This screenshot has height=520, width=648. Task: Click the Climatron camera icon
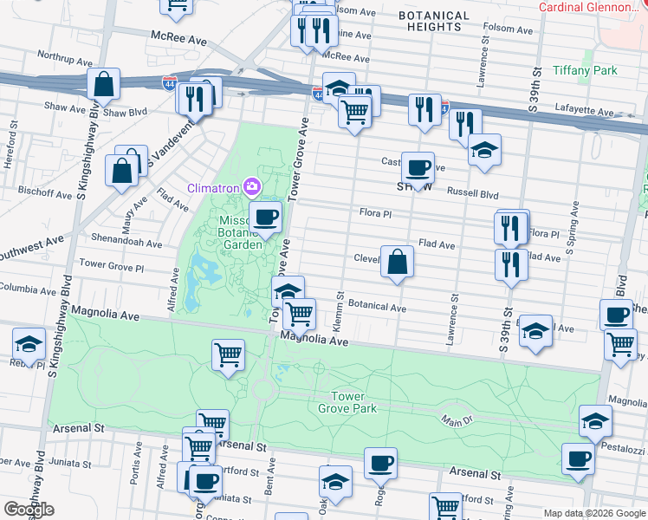click(x=252, y=186)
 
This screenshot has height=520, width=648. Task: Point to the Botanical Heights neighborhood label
click(x=434, y=22)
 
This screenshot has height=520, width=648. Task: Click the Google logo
click(x=29, y=510)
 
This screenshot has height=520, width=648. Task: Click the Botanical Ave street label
click(x=377, y=307)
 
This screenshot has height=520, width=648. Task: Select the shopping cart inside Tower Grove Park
click(x=228, y=354)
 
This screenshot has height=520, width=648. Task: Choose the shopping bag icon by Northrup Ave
click(x=104, y=84)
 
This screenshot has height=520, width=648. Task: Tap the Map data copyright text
click(x=593, y=513)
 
